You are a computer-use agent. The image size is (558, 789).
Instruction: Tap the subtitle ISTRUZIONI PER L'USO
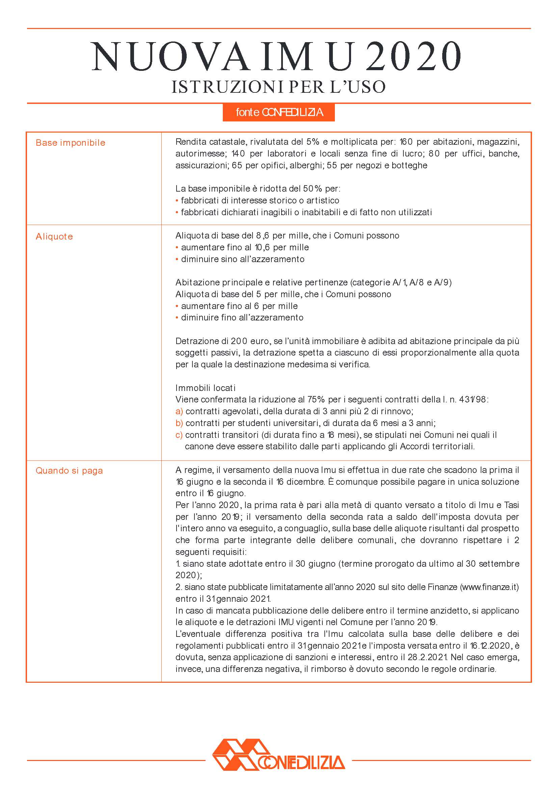tap(278, 87)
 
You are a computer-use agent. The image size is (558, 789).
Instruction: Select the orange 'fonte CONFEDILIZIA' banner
tap(278, 112)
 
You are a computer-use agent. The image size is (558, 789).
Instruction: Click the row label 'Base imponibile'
tap(71, 143)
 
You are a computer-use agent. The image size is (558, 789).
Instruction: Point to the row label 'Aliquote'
tap(54, 237)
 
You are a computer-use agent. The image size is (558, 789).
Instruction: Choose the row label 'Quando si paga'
tap(69, 471)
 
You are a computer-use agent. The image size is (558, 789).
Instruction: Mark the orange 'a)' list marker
tap(179, 411)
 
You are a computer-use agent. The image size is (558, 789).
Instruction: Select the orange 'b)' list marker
tap(179, 423)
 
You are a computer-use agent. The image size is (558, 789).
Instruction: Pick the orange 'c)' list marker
tap(179, 435)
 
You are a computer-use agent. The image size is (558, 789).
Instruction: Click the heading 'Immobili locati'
tap(205, 388)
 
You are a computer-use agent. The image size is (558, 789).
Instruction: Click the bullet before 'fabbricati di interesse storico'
tap(177, 201)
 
